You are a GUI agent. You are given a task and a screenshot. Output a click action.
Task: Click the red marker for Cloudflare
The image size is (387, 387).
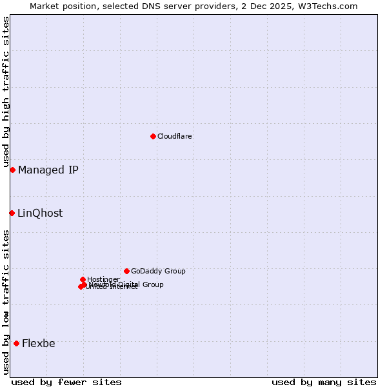(x=153, y=136)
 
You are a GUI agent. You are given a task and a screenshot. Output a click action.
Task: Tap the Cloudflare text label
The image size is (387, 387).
(x=175, y=136)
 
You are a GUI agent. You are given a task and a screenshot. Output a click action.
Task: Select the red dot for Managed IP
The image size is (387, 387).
(x=12, y=170)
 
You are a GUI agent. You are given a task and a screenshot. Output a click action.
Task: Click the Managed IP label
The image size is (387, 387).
(x=48, y=170)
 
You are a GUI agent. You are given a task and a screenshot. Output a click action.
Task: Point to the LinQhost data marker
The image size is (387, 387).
(x=12, y=213)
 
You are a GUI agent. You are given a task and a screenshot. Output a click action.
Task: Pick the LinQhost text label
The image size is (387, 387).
(x=40, y=213)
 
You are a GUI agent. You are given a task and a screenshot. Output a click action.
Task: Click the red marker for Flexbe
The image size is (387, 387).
(x=16, y=343)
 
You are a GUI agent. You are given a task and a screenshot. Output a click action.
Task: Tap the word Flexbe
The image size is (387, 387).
(x=39, y=343)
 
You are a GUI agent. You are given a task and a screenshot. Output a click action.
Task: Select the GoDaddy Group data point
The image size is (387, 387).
(x=126, y=271)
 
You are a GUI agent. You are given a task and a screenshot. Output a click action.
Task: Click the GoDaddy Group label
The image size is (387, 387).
(x=158, y=271)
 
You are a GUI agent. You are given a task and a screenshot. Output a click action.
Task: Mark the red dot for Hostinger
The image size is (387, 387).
(x=83, y=279)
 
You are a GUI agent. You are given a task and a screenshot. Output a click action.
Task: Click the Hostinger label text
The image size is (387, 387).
(x=103, y=279)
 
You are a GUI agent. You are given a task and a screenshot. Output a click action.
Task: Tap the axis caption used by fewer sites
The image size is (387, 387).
(x=66, y=382)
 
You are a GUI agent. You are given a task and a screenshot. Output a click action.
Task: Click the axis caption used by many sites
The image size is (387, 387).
(x=324, y=382)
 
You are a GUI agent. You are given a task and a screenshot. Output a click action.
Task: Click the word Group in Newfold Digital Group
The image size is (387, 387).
(x=152, y=284)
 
